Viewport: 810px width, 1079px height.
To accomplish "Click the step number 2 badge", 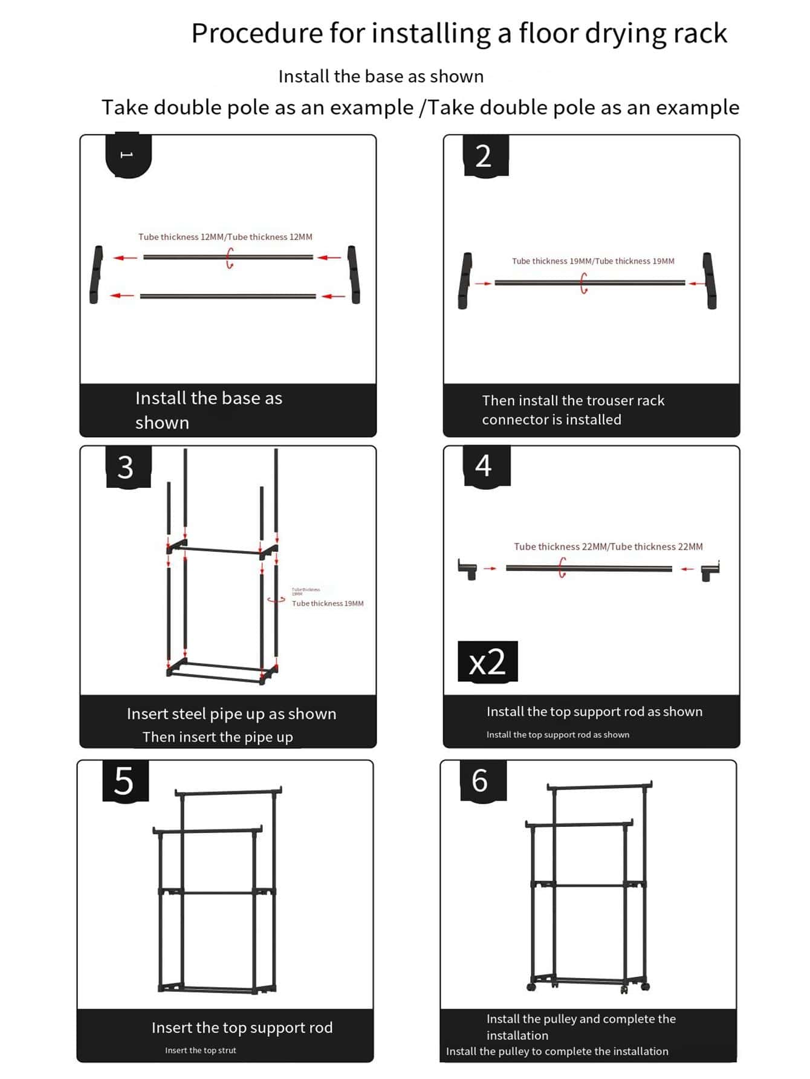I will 485,156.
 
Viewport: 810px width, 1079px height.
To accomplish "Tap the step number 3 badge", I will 126,467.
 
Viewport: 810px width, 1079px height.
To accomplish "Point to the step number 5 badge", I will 125,781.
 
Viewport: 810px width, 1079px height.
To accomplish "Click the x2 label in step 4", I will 487,662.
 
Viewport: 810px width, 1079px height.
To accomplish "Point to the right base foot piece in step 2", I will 710,280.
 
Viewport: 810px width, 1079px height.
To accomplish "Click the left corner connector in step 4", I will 468,569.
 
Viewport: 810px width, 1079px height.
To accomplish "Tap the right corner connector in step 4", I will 710,571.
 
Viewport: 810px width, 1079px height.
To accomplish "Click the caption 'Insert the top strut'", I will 201,1051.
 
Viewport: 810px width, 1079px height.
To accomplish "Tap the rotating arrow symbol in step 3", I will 276,600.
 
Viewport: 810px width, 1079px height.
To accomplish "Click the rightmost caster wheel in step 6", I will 645,987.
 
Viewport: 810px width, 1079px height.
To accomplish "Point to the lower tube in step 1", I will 228,296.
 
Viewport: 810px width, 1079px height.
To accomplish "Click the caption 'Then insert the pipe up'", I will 218,737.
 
